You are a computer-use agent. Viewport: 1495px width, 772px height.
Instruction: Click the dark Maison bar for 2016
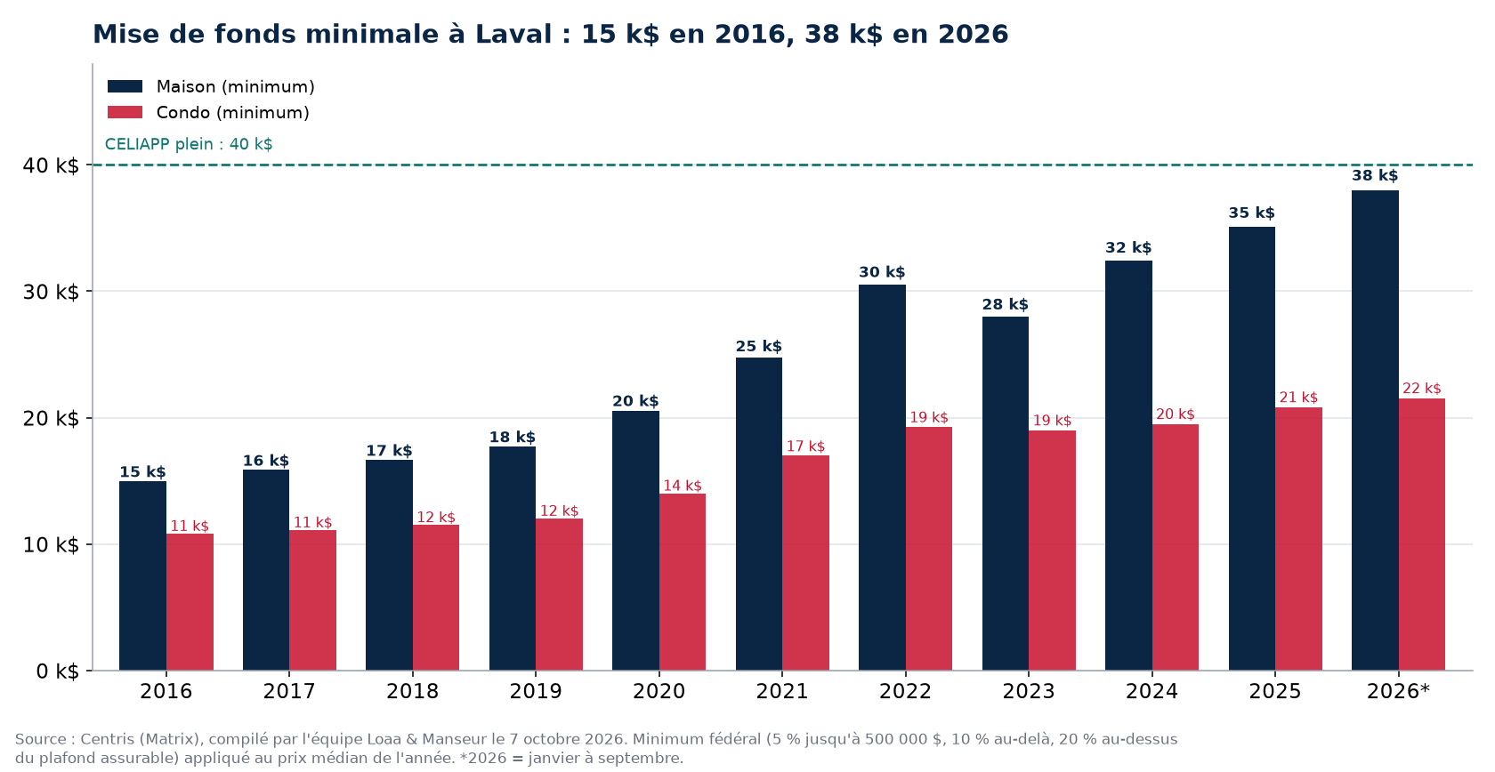[142, 575]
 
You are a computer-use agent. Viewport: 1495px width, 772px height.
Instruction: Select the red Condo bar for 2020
[682, 582]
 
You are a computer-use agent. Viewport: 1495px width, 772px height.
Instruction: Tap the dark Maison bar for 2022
[883, 478]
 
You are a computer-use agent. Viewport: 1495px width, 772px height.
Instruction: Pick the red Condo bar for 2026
[1422, 535]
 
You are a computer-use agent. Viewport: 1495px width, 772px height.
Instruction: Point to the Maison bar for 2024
[1128, 466]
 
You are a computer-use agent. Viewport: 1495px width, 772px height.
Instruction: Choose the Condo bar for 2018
[436, 598]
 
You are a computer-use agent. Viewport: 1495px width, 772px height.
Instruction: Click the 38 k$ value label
[1375, 175]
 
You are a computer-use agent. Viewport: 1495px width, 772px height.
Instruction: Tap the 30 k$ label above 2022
[883, 272]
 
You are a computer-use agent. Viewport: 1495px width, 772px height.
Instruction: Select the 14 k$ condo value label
[682, 486]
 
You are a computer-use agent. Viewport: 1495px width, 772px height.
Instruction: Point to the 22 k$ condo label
[1422, 389]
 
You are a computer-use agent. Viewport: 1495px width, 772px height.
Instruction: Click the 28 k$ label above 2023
[1006, 304]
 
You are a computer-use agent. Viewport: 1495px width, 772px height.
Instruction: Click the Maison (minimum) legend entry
[211, 87]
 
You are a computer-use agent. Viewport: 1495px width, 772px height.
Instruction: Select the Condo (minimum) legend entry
[208, 113]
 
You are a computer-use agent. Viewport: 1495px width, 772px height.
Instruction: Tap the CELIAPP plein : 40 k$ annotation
[189, 144]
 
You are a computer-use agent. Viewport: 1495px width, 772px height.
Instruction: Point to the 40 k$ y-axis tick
[51, 165]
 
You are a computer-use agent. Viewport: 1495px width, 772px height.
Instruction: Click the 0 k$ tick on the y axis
[57, 671]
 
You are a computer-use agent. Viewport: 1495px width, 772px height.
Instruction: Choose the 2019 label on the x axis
[536, 691]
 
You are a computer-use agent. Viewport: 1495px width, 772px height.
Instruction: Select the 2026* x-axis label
[1398, 691]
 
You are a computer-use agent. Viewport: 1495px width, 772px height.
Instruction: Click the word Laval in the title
[513, 35]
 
